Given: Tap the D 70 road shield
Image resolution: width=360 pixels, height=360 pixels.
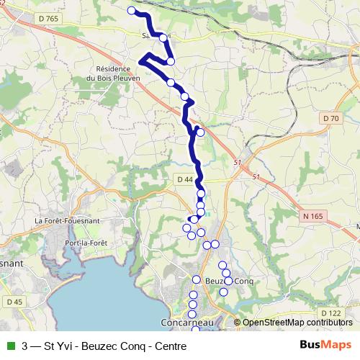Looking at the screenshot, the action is click(330, 118).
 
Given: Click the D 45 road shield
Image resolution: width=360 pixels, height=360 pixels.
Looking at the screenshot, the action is click(14, 301).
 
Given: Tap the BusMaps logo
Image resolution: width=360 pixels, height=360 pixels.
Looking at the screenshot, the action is click(325, 346).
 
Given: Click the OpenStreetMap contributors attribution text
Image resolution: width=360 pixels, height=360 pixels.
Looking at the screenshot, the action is click(297, 323).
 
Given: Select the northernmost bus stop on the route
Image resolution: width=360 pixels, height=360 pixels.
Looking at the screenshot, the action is click(131, 10).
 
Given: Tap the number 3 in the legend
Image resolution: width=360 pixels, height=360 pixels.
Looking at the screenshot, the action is click(25, 346).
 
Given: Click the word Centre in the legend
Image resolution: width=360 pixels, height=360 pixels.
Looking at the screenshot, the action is click(170, 346).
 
